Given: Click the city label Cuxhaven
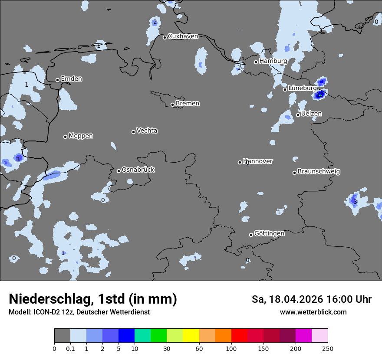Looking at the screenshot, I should pos(183,36).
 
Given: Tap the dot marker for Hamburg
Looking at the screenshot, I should pos(256,62).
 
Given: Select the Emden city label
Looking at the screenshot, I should pos(71,79).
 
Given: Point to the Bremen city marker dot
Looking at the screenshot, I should pos(172,105).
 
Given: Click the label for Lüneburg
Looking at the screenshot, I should pos(303,88).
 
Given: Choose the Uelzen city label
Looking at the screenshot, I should pos(311,114).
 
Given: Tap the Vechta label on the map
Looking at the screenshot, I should pos(147,131).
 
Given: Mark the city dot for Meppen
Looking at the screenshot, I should pos(65,137).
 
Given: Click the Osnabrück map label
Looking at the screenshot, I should pos(138,170).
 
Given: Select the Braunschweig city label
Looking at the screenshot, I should pos(319,171).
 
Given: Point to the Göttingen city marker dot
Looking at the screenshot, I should pos(251,235).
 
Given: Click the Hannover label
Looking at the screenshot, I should pos(258,161).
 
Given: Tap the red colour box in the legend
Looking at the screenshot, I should pos(239,336).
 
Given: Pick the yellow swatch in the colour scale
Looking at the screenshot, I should pos(191,336).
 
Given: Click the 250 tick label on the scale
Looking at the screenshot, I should pos(328,348).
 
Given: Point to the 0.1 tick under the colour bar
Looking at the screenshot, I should pos(70,348).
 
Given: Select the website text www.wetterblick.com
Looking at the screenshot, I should pos(313,312).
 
